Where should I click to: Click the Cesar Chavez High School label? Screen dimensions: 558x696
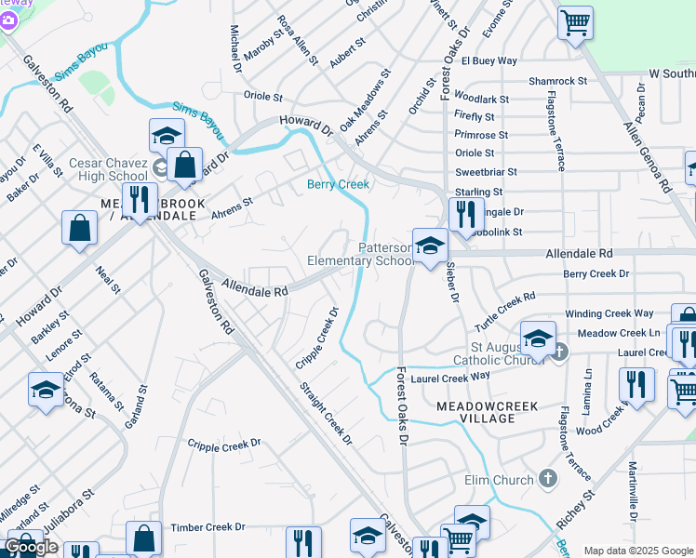(x=108, y=170)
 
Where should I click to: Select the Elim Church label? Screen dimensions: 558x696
(x=500, y=480)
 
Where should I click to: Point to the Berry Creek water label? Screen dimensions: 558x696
(x=339, y=184)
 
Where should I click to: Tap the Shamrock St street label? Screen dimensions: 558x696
(x=557, y=81)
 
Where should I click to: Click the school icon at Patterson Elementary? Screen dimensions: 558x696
(x=430, y=246)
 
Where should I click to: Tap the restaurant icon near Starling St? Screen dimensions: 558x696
(x=466, y=212)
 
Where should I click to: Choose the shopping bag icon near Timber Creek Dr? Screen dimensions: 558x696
(x=144, y=538)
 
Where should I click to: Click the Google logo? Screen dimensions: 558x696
(x=32, y=547)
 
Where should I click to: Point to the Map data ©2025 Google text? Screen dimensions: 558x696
(x=638, y=551)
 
